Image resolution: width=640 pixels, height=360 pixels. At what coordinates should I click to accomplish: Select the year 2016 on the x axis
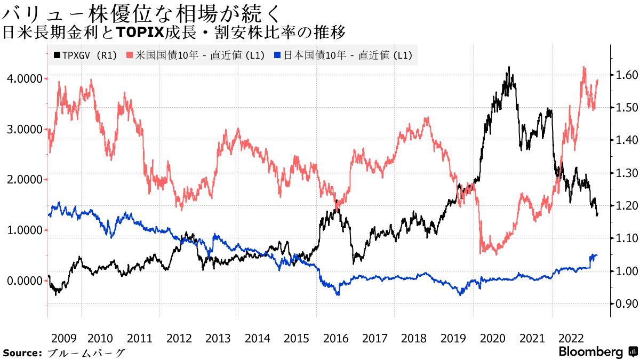tap(336, 338)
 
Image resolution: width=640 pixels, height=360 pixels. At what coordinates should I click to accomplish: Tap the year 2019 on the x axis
tap(453, 338)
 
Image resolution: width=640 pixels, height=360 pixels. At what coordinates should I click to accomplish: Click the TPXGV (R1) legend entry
tap(85, 55)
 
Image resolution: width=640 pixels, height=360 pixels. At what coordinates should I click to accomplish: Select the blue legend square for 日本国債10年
tap(277, 55)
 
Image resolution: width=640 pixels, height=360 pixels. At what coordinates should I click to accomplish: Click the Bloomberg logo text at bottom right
tap(591, 352)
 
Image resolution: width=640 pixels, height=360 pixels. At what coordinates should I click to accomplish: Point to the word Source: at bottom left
tap(22, 353)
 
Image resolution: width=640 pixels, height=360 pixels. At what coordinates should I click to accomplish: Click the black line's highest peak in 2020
tap(509, 67)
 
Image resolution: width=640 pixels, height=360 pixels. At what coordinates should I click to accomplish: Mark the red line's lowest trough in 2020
tap(496, 254)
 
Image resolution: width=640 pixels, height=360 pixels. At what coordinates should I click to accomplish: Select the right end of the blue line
tap(597, 255)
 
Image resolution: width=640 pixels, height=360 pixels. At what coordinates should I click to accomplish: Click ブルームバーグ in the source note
tap(86, 353)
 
